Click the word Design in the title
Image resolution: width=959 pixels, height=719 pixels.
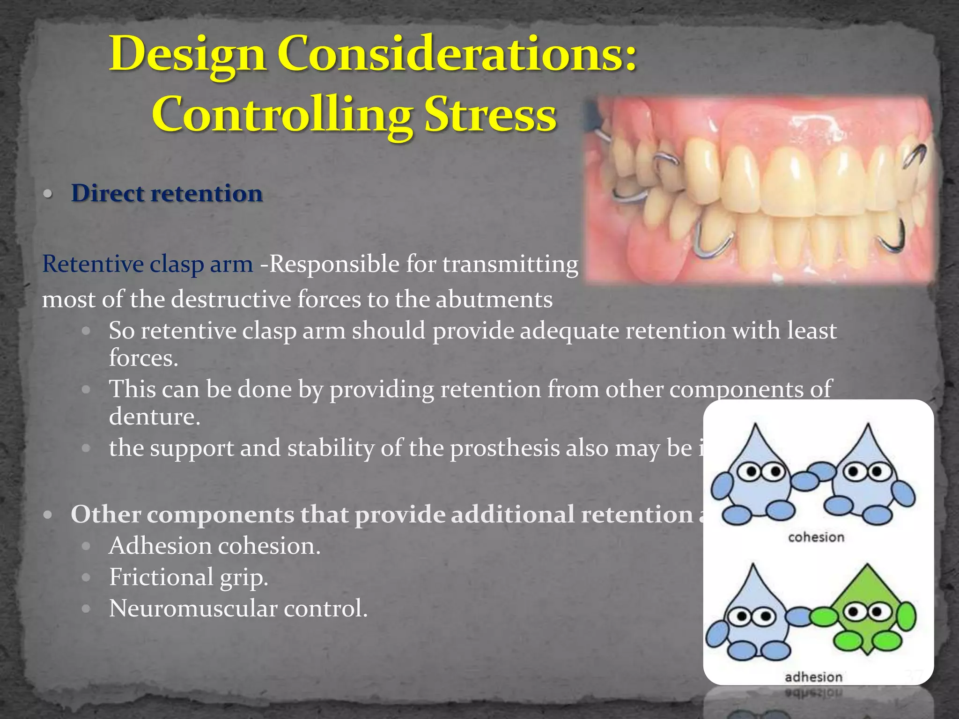[x=187, y=55]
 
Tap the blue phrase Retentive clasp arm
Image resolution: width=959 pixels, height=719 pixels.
[x=148, y=264]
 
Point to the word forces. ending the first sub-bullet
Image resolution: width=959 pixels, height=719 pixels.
[x=143, y=358]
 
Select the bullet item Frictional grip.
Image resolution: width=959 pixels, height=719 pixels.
[x=189, y=577]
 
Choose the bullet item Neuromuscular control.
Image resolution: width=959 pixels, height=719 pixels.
[x=238, y=609]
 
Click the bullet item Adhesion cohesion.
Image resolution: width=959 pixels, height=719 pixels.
[x=214, y=546]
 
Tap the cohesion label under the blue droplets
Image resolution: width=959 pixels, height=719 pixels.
[x=816, y=537]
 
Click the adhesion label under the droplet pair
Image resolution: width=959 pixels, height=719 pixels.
[x=813, y=677]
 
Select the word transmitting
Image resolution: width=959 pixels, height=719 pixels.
[x=510, y=264]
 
